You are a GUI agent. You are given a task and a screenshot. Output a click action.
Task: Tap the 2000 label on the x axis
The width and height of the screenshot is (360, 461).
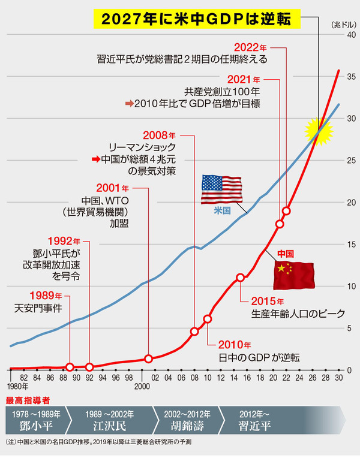click(x=142, y=387)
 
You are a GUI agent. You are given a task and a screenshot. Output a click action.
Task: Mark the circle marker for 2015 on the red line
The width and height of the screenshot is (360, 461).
click(x=240, y=278)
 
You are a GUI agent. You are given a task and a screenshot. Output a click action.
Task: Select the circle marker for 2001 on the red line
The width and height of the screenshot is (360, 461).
click(x=148, y=359)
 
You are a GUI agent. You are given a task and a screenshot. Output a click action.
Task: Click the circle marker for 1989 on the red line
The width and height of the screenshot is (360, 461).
click(x=70, y=367)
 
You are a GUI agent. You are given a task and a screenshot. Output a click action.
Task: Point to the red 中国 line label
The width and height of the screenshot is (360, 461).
click(x=285, y=253)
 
